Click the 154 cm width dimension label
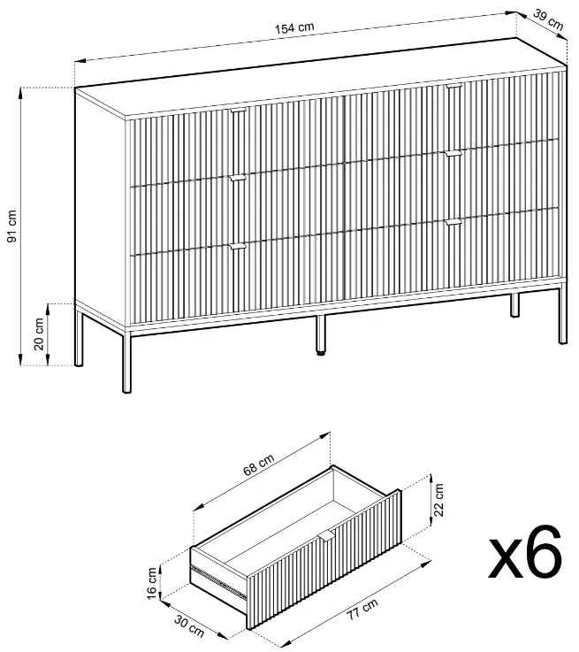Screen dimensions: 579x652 tap(294, 27)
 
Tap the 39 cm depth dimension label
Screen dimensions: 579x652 tap(548, 20)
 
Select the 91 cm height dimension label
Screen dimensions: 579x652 tap(11, 226)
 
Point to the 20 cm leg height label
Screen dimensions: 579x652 tap(39, 334)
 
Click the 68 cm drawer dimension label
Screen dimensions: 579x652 tap(258, 464)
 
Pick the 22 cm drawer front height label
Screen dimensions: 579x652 tap(438, 500)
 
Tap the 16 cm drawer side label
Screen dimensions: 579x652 tap(152, 583)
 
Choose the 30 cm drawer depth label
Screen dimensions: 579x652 tap(189, 626)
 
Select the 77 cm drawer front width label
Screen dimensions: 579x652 tap(362, 610)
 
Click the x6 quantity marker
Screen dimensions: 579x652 tap(525, 552)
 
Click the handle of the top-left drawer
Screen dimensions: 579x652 tap(239, 111)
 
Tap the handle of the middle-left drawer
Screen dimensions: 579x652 tap(238, 178)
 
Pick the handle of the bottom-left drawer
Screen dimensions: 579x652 tap(238, 247)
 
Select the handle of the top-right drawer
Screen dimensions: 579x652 tap(454, 86)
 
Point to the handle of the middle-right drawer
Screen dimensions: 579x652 tap(453, 153)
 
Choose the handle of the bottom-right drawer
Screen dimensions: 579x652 tap(453, 222)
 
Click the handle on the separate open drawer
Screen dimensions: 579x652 tap(327, 535)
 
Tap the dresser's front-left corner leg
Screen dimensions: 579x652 tap(127, 361)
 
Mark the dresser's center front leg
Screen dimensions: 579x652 tap(320, 334)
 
